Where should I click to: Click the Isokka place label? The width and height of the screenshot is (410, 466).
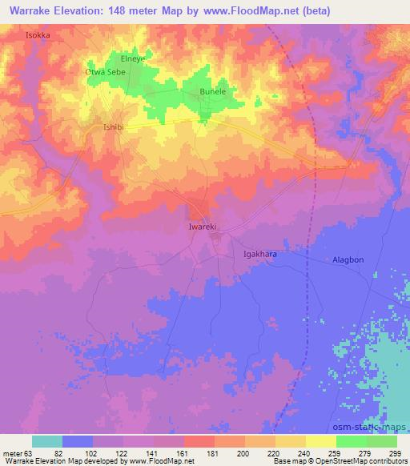coord(38,35)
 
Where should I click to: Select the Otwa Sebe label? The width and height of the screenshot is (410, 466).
coord(106,71)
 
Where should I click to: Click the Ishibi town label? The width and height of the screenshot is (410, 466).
coord(117,127)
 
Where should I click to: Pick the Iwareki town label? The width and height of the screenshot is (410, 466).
coord(203,227)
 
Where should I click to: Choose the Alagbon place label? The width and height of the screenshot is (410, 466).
coord(349,260)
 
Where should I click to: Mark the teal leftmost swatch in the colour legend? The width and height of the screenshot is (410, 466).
coord(47,441)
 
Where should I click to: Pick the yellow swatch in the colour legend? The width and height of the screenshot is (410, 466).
coord(320,441)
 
